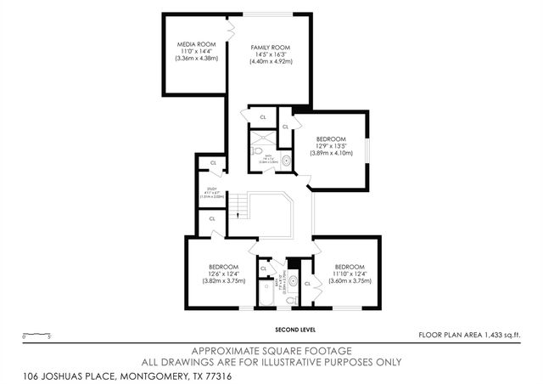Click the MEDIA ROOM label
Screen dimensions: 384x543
(x=196, y=44)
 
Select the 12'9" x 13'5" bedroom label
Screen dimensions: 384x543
(x=331, y=138)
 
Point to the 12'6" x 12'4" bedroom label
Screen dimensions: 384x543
(x=225, y=267)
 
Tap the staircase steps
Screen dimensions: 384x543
(x=241, y=205)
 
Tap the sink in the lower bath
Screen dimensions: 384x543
(x=293, y=280)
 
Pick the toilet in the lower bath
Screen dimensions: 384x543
(x=290, y=299)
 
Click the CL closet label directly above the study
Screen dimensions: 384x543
(x=213, y=162)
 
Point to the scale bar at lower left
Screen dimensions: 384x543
(x=38, y=336)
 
